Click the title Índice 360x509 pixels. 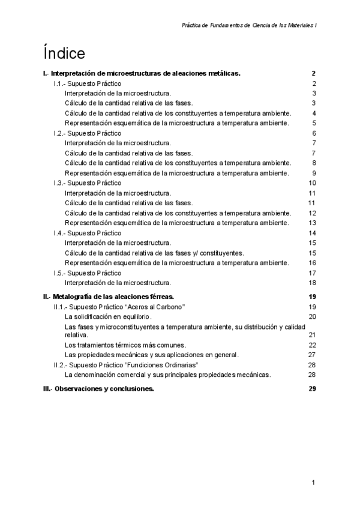pyautogui.click(x=63, y=53)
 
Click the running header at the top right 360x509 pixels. pyautogui.click(x=249, y=26)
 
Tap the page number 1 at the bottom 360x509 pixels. pyautogui.click(x=313, y=483)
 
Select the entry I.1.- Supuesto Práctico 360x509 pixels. pyautogui.click(x=87, y=83)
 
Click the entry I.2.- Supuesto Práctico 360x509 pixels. pyautogui.click(x=87, y=133)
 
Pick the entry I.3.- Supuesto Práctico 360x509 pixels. pyautogui.click(x=87, y=182)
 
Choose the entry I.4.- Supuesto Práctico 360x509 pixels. pyautogui.click(x=87, y=233)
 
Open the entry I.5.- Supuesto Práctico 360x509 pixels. pyautogui.click(x=87, y=273)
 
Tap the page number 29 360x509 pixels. pyautogui.click(x=312, y=388)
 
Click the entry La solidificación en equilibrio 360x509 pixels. pyautogui.click(x=108, y=316)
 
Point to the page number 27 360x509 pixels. pyautogui.click(x=312, y=355)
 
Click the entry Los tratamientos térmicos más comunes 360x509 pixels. pyautogui.click(x=125, y=345)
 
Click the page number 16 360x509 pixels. pyautogui.click(x=312, y=263)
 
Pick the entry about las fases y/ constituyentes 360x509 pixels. pyautogui.click(x=154, y=253)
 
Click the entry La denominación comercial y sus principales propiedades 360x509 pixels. pyautogui.click(x=167, y=375)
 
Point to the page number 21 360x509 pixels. pyautogui.click(x=312, y=334)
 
